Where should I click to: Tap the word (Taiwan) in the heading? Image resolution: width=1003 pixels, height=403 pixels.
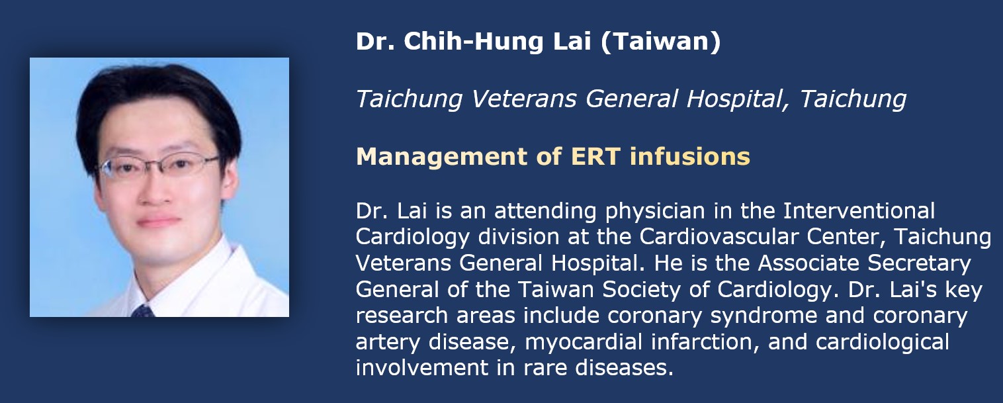[x=660, y=41]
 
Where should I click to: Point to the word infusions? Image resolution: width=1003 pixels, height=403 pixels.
[x=689, y=156]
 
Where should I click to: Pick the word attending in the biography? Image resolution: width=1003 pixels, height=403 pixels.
[x=545, y=211]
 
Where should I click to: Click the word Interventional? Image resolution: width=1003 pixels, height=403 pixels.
[x=859, y=210]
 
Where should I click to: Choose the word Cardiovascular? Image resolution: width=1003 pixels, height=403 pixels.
[x=719, y=236]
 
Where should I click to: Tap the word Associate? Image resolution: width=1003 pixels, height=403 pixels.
[x=808, y=263]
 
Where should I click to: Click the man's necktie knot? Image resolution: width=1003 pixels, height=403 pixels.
[x=143, y=311]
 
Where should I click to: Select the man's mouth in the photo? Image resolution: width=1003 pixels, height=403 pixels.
[x=158, y=221]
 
